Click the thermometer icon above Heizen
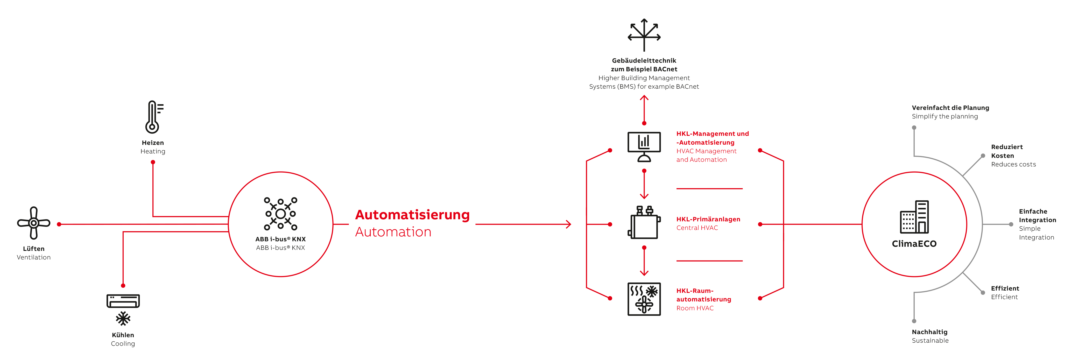[153, 117]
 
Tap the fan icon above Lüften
[34, 223]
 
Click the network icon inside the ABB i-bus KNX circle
[281, 214]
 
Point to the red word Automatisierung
[412, 215]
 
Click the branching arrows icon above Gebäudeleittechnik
[644, 34]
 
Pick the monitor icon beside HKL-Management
[644, 147]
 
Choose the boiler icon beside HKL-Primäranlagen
[644, 223]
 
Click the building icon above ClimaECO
[914, 217]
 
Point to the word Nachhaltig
[930, 332]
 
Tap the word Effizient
[1005, 288]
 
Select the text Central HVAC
[697, 228]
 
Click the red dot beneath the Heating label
[153, 162]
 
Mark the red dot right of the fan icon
[59, 224]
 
